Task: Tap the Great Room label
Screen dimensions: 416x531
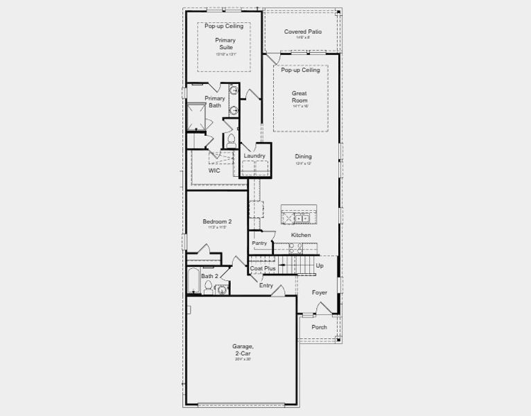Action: point(299,97)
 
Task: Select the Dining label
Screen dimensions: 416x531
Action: point(304,157)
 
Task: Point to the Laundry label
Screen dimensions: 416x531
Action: point(254,156)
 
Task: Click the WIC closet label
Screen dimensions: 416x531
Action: point(214,171)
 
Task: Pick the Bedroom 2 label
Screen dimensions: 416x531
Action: point(216,222)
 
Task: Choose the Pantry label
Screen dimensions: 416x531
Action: point(259,243)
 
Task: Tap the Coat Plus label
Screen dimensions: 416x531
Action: point(263,268)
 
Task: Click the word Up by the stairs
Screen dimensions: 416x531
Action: point(320,266)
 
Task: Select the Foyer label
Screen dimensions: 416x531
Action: point(319,293)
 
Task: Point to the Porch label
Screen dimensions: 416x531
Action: point(319,327)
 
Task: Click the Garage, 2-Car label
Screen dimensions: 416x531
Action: point(243,350)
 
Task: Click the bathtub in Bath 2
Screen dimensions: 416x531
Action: point(193,281)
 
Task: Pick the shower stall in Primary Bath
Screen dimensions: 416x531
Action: point(197,116)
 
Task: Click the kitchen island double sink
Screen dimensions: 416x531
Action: point(302,218)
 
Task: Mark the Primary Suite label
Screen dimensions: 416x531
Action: point(224,44)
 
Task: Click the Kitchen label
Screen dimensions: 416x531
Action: point(300,236)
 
